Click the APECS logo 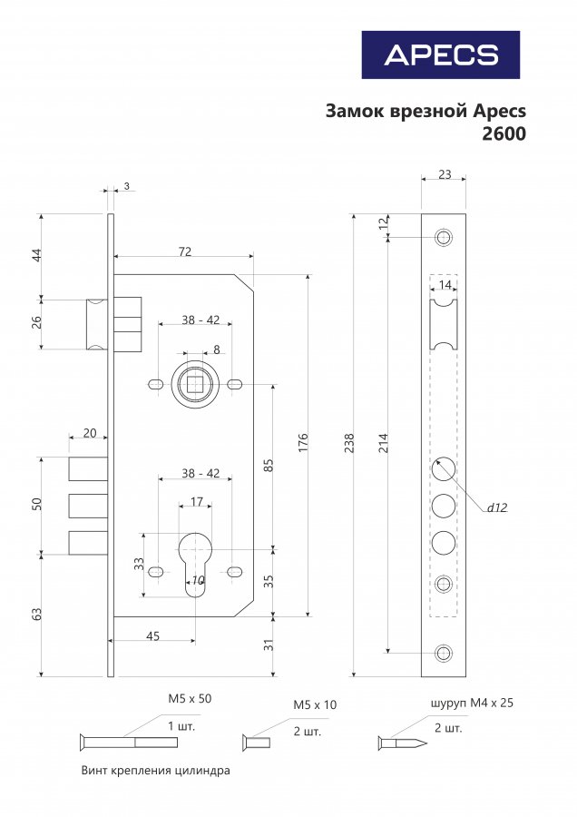click(x=441, y=54)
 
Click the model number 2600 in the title click(x=504, y=134)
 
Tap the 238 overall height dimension click(x=349, y=443)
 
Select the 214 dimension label click(x=384, y=443)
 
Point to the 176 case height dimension click(x=303, y=442)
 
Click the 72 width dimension click(x=185, y=251)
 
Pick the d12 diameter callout click(x=497, y=507)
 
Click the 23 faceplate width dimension click(x=445, y=174)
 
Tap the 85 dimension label click(x=269, y=465)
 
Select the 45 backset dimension click(x=152, y=636)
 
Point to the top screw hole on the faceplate click(x=444, y=237)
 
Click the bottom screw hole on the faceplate click(x=444, y=653)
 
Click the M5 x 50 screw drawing click(x=129, y=742)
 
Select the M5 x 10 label click(x=315, y=705)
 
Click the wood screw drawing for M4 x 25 click(x=403, y=743)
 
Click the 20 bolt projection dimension click(x=90, y=433)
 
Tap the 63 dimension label click(x=36, y=614)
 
